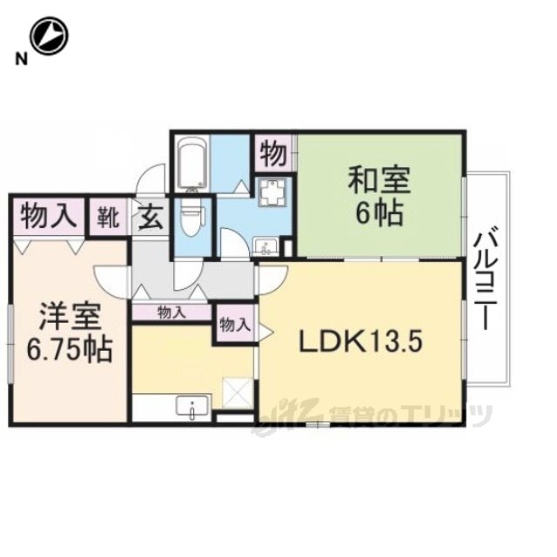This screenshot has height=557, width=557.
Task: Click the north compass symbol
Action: point(49,37)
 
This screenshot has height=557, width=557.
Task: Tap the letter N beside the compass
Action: point(21,59)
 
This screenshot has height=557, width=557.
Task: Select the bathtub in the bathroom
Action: point(191,164)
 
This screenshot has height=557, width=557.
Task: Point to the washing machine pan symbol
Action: point(272,192)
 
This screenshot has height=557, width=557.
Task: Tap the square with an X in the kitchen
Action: point(238,393)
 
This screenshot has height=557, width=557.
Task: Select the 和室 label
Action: point(379,181)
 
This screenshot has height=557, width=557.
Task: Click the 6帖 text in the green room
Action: point(379,213)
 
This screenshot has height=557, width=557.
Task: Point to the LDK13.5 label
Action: point(361,341)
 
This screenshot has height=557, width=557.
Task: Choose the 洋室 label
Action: point(70,316)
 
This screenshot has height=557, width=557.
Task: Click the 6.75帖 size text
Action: point(70,349)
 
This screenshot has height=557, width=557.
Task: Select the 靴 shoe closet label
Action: point(108,218)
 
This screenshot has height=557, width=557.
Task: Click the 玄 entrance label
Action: point(151,218)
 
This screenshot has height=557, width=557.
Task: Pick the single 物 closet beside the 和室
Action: point(273,154)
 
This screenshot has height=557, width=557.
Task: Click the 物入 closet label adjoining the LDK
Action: point(235,325)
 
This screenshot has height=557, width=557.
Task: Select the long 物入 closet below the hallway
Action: point(171,313)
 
